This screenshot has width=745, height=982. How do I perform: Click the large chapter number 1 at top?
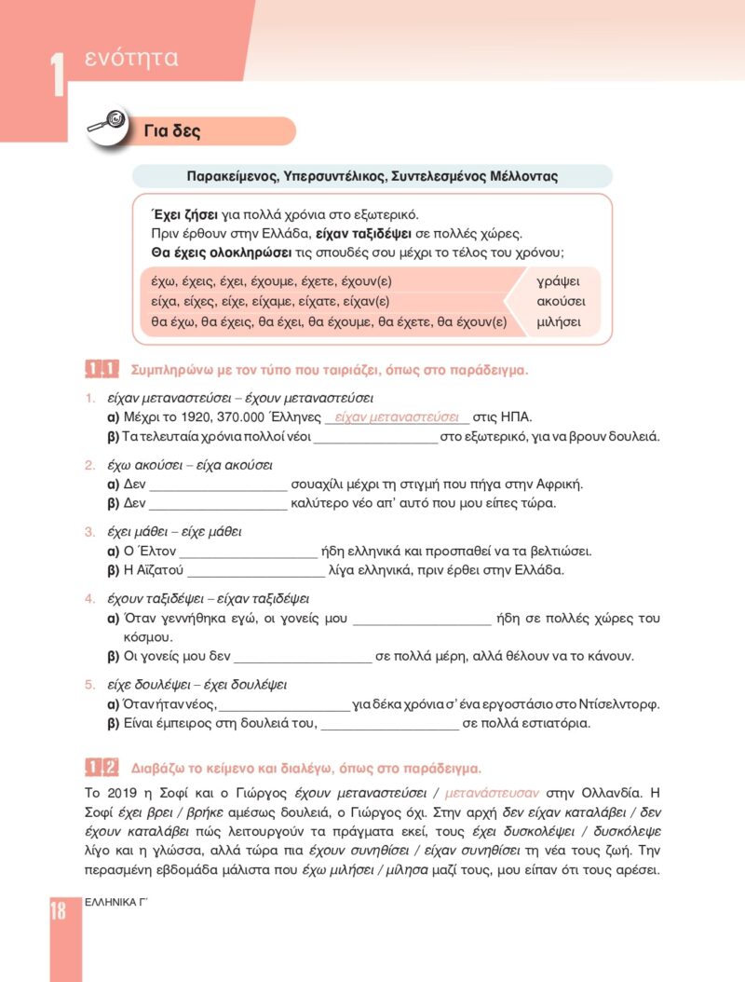coord(57,74)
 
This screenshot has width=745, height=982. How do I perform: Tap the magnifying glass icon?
coord(107,125)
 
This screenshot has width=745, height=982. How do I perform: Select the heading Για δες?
coord(172,131)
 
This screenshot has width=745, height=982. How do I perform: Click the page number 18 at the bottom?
coord(58,910)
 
